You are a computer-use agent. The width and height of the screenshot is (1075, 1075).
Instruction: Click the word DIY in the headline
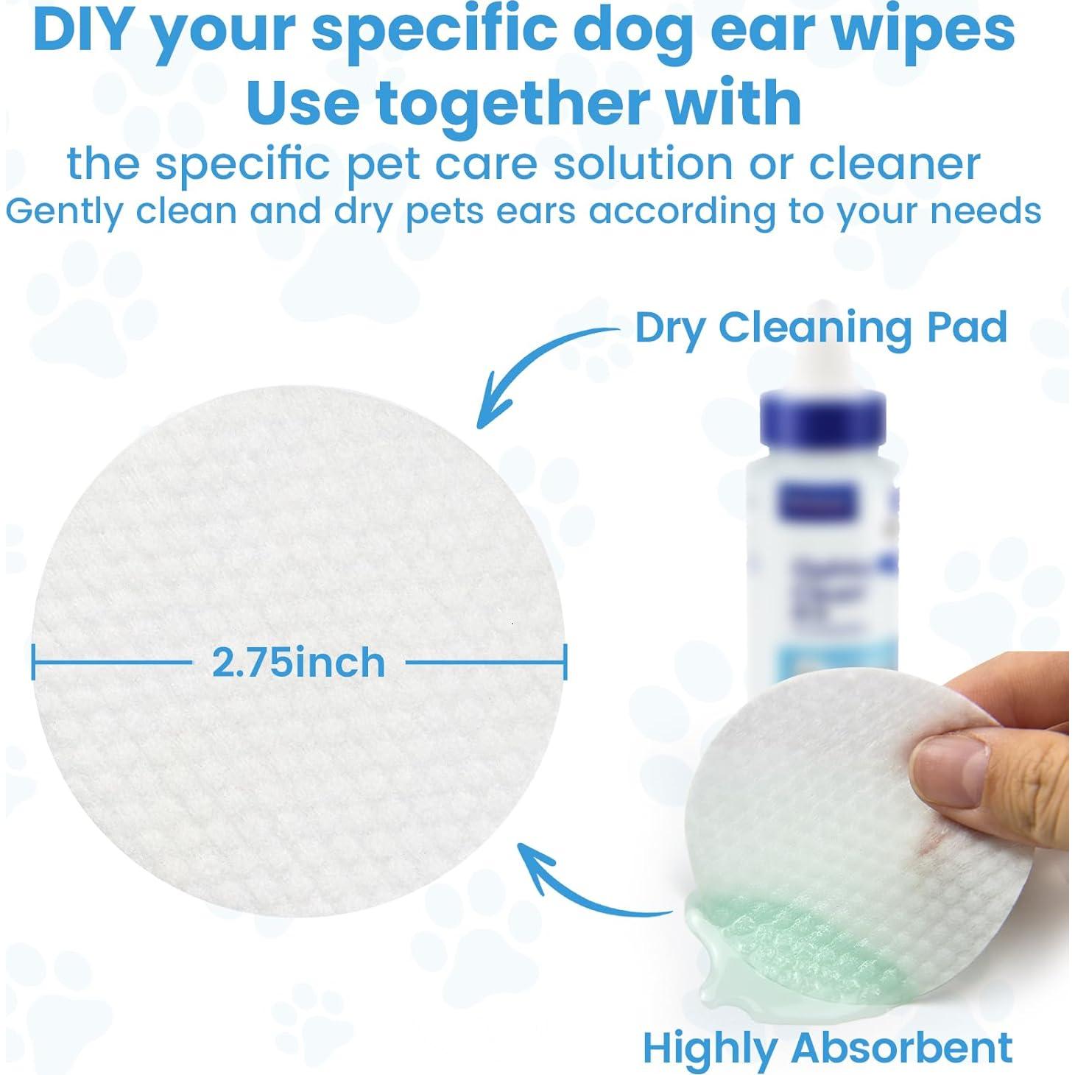[x=86, y=29]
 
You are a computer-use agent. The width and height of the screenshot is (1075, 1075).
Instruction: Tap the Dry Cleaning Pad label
[x=821, y=328]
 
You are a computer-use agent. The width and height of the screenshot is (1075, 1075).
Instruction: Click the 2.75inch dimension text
[x=299, y=663]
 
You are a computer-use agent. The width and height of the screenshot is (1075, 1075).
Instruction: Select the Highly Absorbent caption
[x=827, y=1047]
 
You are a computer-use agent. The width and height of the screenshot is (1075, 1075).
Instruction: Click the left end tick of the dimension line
[x=34, y=661]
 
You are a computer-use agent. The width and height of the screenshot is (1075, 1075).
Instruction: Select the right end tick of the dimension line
[x=565, y=661]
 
